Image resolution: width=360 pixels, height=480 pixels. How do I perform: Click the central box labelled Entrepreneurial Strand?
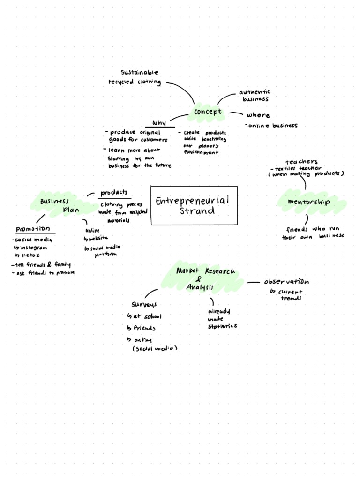[x=194, y=205]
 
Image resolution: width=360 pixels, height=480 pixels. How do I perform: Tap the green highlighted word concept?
[x=208, y=112]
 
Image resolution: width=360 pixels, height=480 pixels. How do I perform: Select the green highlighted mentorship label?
[x=309, y=202]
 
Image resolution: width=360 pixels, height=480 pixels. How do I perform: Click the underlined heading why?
[x=158, y=123]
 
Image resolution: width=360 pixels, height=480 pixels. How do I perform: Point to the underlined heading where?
[x=258, y=115]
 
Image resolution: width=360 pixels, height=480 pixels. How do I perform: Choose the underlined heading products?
[x=114, y=193]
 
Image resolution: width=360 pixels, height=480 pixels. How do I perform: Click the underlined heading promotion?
[x=33, y=229]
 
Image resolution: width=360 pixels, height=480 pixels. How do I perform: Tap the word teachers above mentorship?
[x=301, y=162]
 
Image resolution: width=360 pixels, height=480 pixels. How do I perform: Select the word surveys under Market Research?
[x=144, y=304]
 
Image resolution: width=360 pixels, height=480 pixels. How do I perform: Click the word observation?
[x=286, y=282]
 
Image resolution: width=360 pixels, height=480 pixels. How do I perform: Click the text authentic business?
[x=255, y=96]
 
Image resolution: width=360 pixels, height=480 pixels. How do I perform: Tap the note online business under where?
[x=272, y=126]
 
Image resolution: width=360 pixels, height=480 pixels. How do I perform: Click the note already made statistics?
[x=222, y=319]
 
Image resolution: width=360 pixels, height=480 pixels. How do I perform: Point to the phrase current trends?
[x=289, y=295]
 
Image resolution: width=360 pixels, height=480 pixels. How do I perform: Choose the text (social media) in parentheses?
[x=155, y=349]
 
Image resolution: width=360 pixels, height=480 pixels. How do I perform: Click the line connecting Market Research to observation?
[x=253, y=283]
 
